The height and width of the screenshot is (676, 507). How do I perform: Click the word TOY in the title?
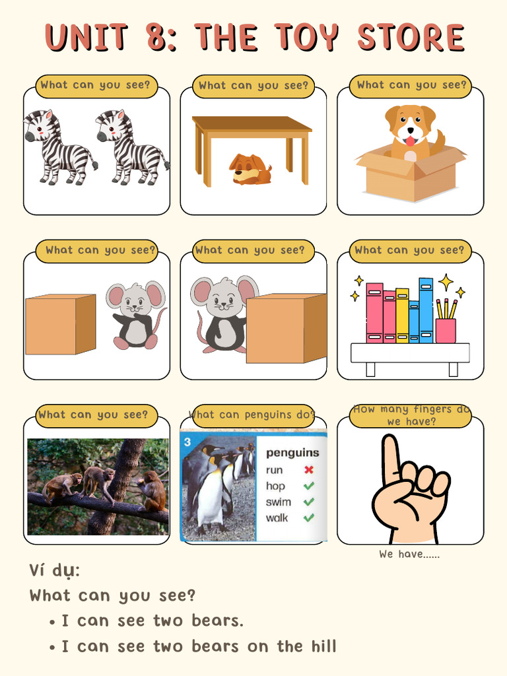click(x=308, y=38)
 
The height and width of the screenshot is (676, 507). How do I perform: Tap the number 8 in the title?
click(x=158, y=38)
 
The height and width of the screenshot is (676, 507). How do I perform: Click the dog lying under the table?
click(x=250, y=170)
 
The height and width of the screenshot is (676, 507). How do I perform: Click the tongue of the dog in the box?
click(x=411, y=141)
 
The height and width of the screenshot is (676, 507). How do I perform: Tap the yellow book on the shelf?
click(x=402, y=316)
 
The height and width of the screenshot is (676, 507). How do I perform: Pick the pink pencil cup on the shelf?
click(x=446, y=330)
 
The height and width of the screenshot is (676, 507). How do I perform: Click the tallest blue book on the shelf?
click(x=426, y=310)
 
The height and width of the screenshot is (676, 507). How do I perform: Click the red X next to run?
click(x=308, y=470)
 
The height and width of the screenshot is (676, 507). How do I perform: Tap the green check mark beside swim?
click(x=308, y=502)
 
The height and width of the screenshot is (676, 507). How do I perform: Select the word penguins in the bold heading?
click(x=292, y=453)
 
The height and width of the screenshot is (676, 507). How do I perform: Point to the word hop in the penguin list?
click(x=275, y=486)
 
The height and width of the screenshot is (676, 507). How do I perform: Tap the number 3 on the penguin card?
click(x=187, y=440)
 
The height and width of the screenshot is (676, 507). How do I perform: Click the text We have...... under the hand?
click(x=409, y=555)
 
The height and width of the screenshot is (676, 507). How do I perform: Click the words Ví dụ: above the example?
click(x=54, y=570)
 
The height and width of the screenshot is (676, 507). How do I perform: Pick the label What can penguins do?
click(x=252, y=415)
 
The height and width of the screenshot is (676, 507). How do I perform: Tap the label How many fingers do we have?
click(x=411, y=415)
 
